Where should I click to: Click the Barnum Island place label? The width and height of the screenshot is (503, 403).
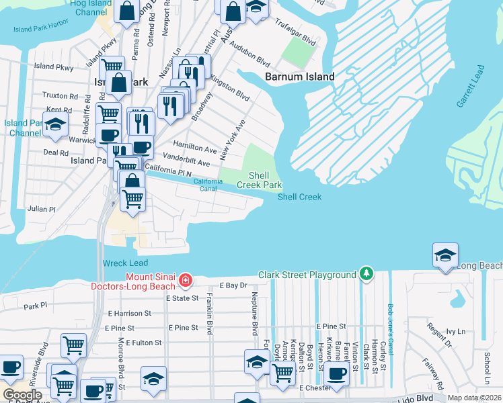[299, 77]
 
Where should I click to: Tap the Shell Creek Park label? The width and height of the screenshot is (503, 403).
[259, 180]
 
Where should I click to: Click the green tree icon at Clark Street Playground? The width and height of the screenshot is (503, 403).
[366, 274]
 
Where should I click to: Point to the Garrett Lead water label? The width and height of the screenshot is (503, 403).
[471, 87]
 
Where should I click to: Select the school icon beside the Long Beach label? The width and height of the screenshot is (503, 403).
[445, 256]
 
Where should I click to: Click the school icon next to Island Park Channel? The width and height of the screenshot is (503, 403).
[55, 124]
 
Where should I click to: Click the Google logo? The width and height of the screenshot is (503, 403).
[22, 395]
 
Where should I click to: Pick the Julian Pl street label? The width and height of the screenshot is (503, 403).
[41, 209]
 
